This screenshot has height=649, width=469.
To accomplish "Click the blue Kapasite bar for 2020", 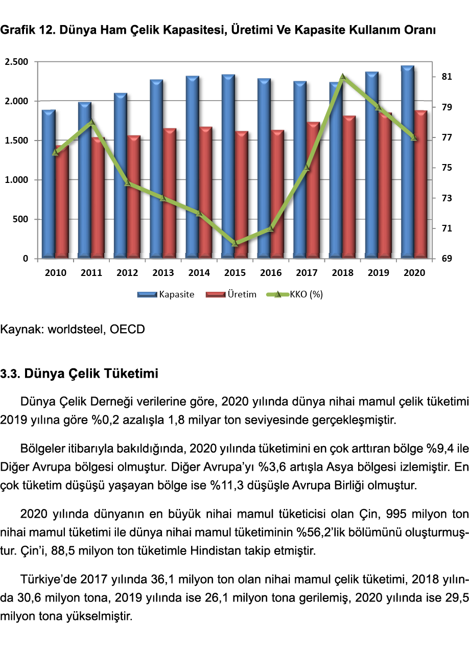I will [407, 164].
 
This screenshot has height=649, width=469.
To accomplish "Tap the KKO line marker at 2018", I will [343, 77].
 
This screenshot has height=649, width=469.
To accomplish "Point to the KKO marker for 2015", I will [235, 243].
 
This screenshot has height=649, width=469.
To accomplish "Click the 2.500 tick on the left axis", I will [16, 62].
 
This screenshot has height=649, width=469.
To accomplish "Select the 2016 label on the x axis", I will [271, 273].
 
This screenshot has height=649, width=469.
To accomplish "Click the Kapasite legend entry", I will [167, 294].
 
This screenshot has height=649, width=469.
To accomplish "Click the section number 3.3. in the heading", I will [10, 374].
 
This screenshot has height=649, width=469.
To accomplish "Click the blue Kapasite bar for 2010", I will [49, 184].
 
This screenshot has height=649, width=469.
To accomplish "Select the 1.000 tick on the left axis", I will [16, 180].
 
